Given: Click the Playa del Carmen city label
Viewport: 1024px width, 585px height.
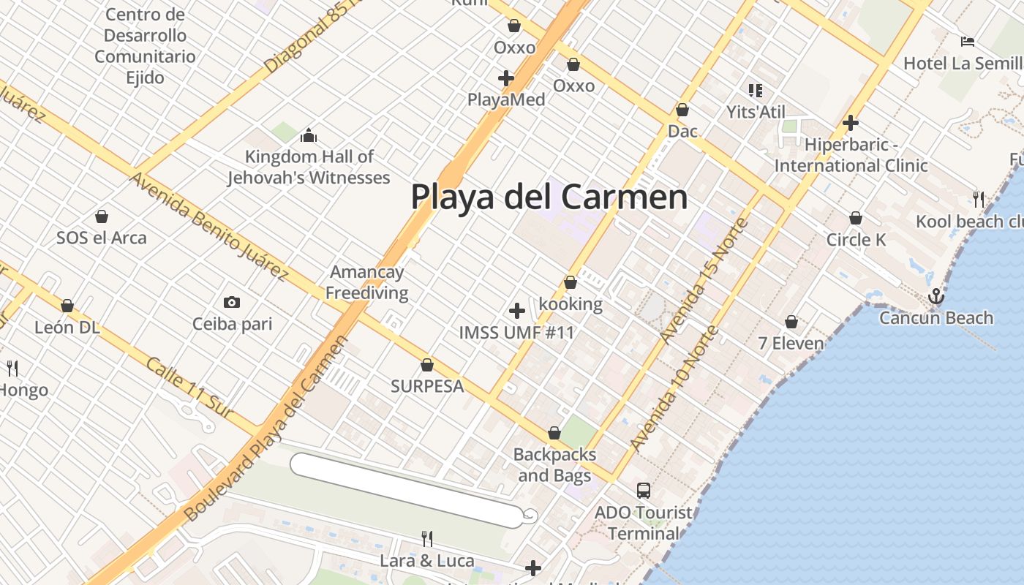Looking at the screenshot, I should click(549, 197).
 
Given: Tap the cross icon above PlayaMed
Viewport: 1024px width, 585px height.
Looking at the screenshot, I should click(505, 78).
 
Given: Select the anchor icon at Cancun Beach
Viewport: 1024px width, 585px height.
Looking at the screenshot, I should click(935, 296).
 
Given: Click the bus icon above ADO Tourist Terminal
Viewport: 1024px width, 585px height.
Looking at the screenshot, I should click(644, 490).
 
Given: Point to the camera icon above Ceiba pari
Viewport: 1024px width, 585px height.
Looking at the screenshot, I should click(232, 302).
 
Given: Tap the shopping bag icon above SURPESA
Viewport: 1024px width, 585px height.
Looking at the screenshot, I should click(427, 365).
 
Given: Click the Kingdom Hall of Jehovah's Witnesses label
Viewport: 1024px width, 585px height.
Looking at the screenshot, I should click(308, 167).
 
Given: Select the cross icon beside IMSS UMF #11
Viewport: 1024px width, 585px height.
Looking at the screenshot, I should click(517, 311).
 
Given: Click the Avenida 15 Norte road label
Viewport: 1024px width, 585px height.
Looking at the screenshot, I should click(704, 281).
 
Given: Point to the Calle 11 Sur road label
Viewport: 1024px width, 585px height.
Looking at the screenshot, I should click(189, 388).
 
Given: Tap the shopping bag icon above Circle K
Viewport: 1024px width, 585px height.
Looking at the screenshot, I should click(855, 218).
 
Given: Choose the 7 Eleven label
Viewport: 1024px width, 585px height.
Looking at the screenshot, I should click(791, 343).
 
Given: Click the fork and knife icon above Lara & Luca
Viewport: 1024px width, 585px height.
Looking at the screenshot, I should click(427, 539).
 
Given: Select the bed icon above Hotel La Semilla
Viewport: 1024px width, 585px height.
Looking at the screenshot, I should click(968, 42).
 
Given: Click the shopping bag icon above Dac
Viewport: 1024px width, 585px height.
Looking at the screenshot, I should click(682, 110).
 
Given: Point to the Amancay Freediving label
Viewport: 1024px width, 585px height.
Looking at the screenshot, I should click(367, 282).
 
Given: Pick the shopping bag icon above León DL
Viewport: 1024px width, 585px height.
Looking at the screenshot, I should click(67, 306).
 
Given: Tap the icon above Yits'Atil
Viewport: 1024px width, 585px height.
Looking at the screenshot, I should click(756, 91).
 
